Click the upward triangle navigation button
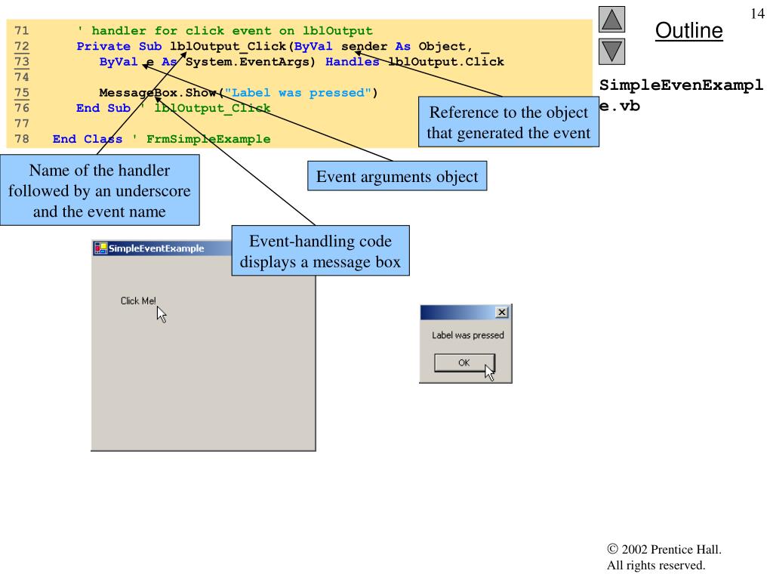point(611,19)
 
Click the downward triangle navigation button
point(611,53)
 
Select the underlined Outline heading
point(688,31)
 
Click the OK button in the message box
point(463,362)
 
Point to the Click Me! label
point(138,301)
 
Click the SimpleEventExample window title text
point(156,248)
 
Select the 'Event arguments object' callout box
point(396,177)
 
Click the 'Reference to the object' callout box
point(508,123)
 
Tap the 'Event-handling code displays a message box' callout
point(321,251)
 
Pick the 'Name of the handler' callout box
point(100,190)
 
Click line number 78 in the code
point(22,139)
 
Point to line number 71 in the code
point(22,31)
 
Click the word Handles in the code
point(353,62)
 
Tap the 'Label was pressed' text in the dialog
point(467,335)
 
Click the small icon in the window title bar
point(100,248)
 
